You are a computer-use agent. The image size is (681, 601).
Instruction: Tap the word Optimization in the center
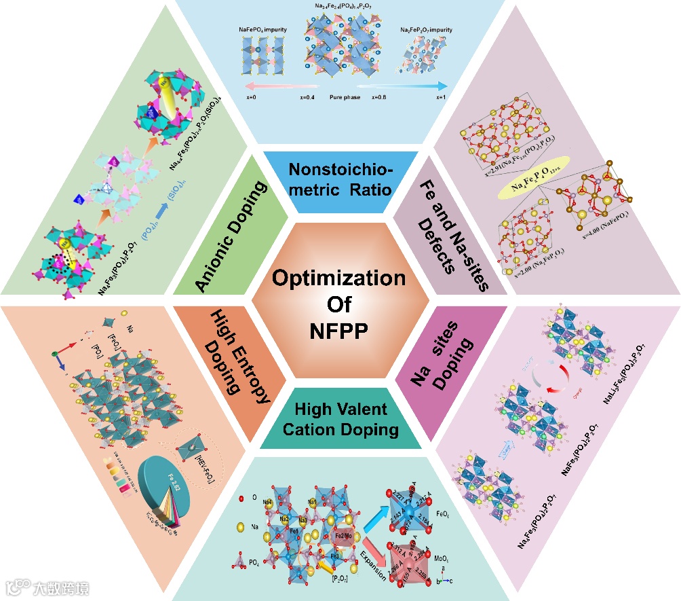(x=340, y=278)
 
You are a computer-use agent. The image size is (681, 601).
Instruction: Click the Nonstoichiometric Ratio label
(x=340, y=179)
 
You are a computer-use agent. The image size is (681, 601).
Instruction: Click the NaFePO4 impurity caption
(x=265, y=30)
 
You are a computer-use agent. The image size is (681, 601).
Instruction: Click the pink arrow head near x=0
(x=237, y=86)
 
